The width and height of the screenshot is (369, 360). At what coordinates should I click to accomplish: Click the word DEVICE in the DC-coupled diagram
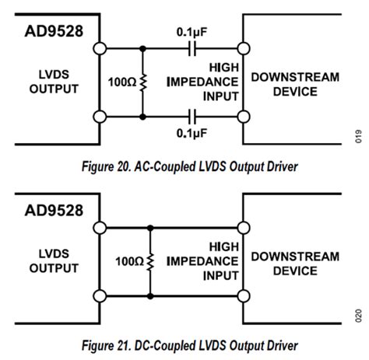(295, 271)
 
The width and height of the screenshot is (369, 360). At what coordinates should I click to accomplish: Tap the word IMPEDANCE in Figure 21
(202, 260)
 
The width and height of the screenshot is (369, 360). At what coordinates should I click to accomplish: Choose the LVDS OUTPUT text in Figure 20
(54, 82)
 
